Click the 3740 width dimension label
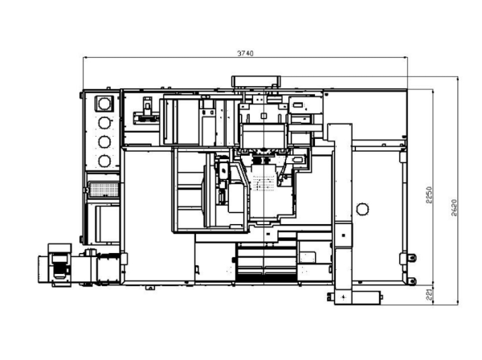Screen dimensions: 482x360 tap(245, 53)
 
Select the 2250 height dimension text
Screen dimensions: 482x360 tap(430, 195)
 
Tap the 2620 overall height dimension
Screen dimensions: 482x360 tap(455, 208)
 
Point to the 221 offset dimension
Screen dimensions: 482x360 tap(430, 295)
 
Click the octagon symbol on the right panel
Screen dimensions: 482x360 tap(362, 210)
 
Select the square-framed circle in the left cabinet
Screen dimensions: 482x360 tap(104, 104)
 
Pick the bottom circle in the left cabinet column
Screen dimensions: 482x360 tap(104, 161)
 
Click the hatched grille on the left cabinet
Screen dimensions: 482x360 tap(104, 190)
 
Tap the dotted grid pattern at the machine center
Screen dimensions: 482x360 tap(263, 183)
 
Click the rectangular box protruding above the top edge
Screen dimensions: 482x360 tap(255, 81)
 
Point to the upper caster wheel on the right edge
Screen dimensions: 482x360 tap(412, 258)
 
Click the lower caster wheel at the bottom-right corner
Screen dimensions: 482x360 tap(412, 281)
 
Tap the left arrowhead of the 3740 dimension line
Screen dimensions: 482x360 tap(85, 57)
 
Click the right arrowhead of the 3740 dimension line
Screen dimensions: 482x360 tap(405, 57)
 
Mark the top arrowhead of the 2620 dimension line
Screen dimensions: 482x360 tap(458, 79)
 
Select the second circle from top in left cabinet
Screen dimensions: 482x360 tap(104, 123)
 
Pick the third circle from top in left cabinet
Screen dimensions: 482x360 tap(104, 141)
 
